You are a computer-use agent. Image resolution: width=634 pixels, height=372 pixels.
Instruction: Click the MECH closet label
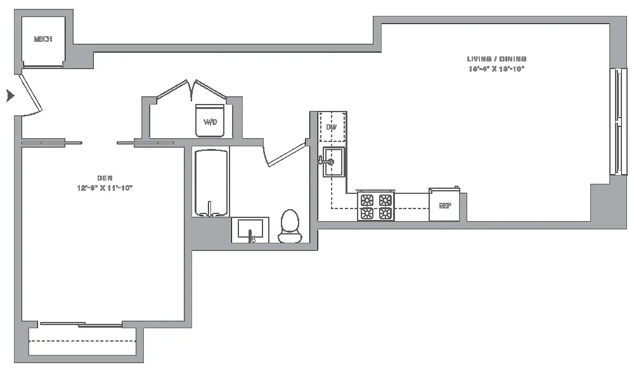click(42, 39)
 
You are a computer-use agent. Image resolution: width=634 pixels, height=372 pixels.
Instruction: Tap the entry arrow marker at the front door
click(10, 96)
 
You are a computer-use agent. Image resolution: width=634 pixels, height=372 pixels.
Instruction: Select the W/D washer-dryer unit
click(210, 120)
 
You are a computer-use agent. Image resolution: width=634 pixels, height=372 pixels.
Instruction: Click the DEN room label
click(105, 177)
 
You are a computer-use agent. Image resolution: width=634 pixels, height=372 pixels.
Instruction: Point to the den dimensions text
click(105, 188)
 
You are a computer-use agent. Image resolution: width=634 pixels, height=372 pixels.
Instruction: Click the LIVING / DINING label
click(496, 59)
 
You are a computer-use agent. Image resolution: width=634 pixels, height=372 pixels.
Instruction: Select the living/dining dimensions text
click(496, 68)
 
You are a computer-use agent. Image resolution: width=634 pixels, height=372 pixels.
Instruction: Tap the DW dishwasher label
click(331, 127)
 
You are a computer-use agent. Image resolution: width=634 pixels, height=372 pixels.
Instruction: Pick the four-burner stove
click(376, 206)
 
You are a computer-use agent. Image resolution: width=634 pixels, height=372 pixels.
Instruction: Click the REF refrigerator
click(444, 205)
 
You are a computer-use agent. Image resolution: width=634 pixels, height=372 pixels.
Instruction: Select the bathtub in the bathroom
click(211, 183)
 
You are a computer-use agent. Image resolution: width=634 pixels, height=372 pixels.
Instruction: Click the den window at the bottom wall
click(82, 325)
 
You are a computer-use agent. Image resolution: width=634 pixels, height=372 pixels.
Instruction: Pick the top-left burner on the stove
click(367, 200)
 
